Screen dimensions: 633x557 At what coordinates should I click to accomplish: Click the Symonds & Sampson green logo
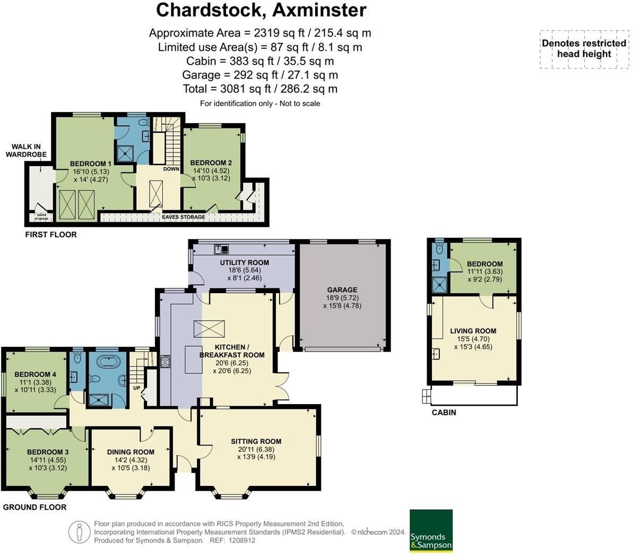click(431, 530)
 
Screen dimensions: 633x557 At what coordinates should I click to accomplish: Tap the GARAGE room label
click(342, 289)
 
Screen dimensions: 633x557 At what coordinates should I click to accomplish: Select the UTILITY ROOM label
click(244, 262)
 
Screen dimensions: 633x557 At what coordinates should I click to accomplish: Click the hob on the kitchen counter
click(166, 361)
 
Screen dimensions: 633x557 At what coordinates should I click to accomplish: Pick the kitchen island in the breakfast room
click(193, 359)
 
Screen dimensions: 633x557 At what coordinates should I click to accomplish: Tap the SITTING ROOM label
click(256, 441)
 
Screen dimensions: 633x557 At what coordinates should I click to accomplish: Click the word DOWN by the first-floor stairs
click(171, 169)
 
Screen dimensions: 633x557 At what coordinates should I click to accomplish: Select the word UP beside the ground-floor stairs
click(137, 388)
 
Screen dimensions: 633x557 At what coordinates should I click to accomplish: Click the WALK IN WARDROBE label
click(26, 150)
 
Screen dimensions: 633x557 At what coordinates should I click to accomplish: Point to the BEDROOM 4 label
click(35, 374)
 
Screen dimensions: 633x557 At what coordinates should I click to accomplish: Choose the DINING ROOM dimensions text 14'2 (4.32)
click(131, 460)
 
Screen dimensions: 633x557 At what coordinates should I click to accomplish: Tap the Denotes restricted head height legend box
click(584, 49)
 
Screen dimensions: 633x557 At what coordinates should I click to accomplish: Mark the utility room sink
click(222, 249)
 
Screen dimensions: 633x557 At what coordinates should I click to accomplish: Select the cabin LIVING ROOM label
click(473, 331)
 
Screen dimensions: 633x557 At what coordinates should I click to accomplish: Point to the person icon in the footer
click(79, 532)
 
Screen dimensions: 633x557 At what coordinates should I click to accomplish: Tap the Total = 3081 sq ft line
click(260, 89)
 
